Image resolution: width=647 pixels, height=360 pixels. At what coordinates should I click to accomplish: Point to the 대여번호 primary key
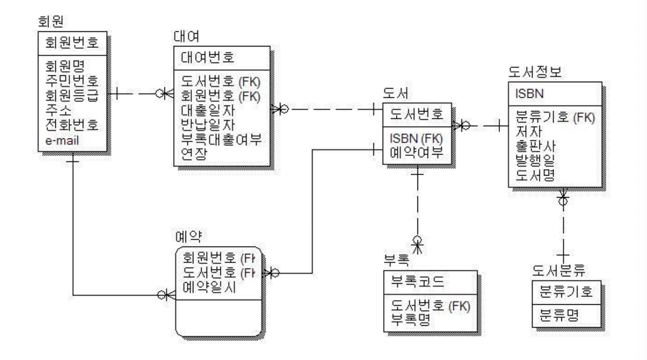click(204, 58)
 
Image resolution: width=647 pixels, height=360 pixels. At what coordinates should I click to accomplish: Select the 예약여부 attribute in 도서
click(416, 153)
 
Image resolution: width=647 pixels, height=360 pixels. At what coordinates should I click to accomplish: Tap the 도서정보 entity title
click(534, 73)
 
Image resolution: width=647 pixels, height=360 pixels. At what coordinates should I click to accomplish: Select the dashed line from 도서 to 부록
click(417, 205)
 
